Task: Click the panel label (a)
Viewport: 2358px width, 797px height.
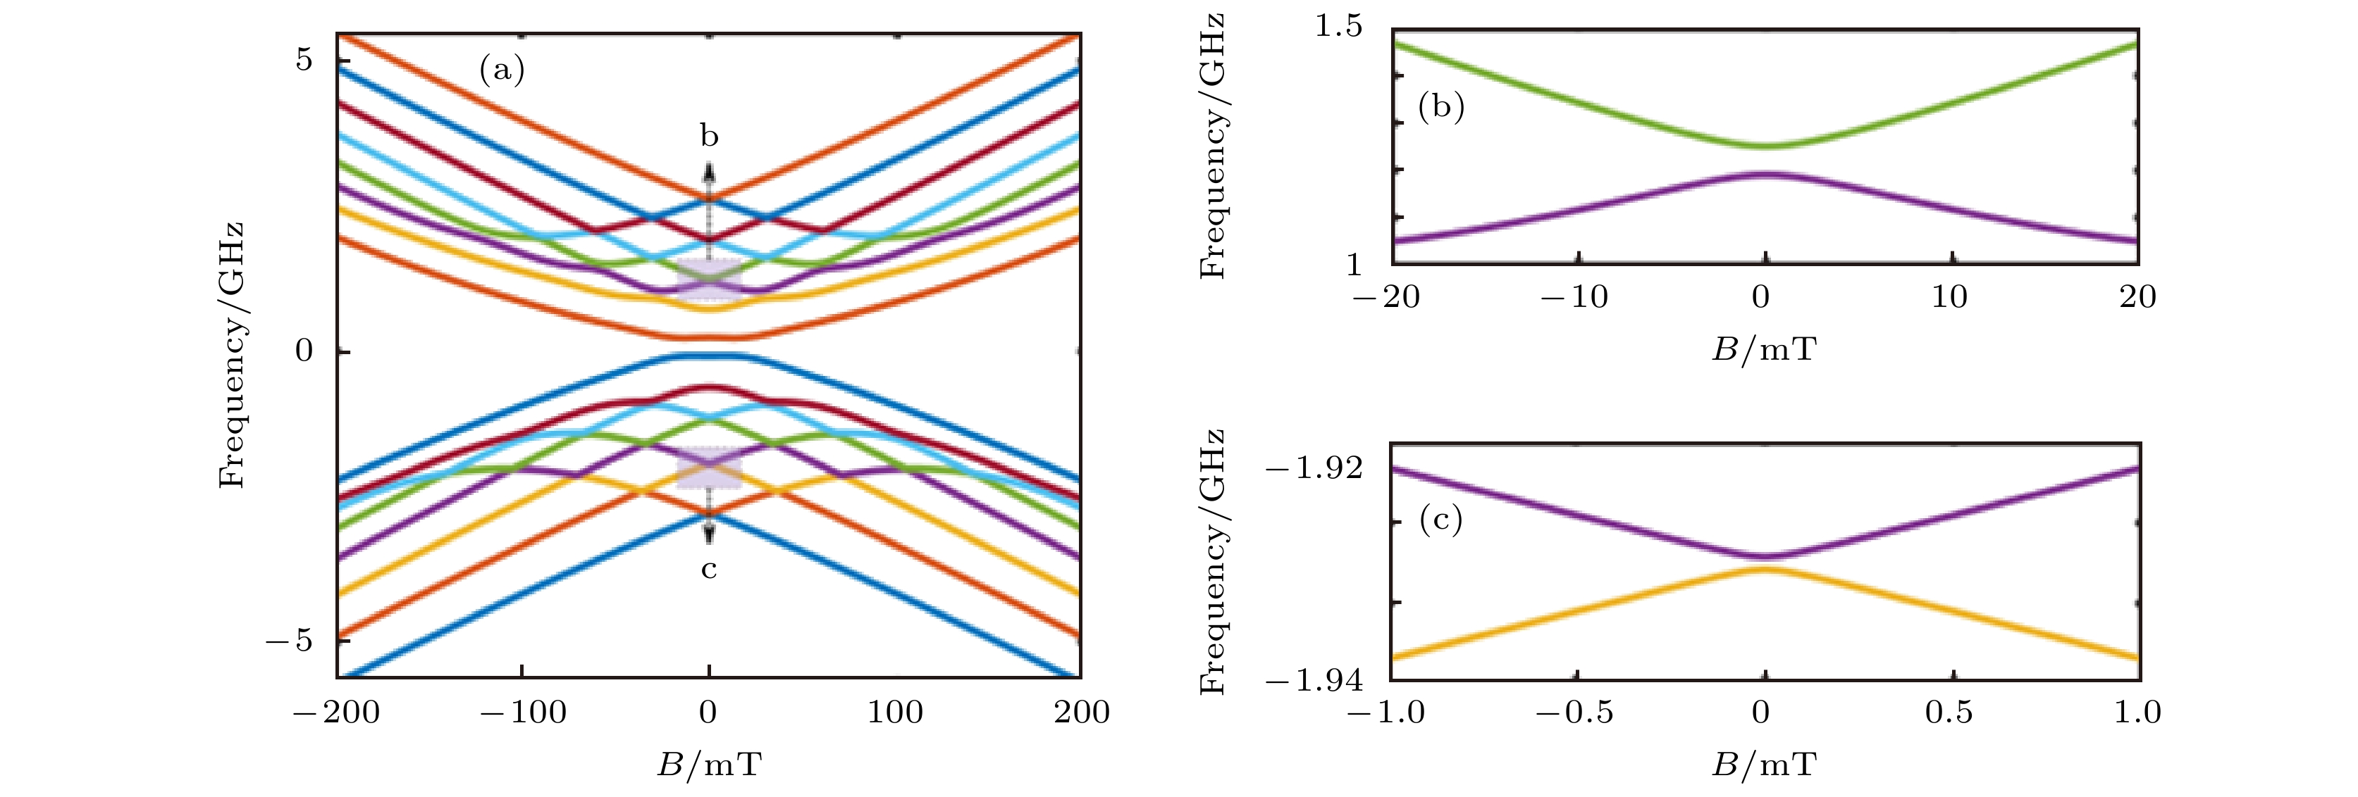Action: (x=502, y=70)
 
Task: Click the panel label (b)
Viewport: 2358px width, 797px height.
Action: (x=1440, y=107)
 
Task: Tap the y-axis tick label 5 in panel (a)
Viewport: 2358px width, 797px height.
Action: (x=303, y=61)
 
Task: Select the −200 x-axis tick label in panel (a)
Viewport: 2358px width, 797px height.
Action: (x=336, y=713)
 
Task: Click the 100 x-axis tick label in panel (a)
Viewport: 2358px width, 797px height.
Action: (x=895, y=713)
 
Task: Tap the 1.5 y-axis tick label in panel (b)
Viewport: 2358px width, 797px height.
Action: (x=1338, y=27)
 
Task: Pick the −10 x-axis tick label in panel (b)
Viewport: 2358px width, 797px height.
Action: (x=1574, y=297)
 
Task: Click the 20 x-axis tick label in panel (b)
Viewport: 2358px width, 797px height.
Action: (x=2137, y=297)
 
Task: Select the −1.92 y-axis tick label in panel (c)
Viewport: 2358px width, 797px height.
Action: (x=1314, y=468)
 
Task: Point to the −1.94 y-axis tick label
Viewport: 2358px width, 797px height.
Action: (x=1314, y=681)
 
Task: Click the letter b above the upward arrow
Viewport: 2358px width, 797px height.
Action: (x=710, y=137)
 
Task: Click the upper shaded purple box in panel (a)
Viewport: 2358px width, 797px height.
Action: (x=708, y=280)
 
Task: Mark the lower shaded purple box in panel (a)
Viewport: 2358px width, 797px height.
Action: (x=708, y=467)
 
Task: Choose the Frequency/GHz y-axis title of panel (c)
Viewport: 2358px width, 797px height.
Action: (x=1212, y=561)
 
